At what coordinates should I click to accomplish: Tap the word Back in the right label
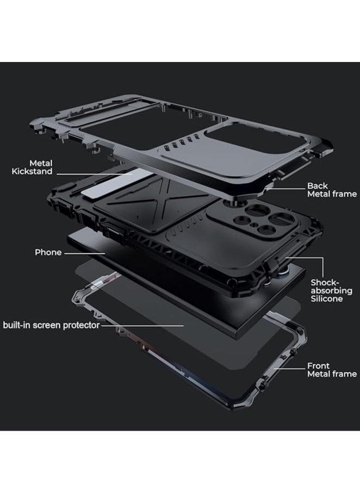click(318, 185)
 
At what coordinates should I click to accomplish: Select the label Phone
click(48, 252)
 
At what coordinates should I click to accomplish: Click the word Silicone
click(327, 299)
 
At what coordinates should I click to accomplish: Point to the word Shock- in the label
click(325, 283)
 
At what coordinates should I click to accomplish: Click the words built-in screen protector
click(52, 325)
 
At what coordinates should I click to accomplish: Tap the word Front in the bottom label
click(319, 366)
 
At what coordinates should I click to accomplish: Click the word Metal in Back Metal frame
click(320, 194)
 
